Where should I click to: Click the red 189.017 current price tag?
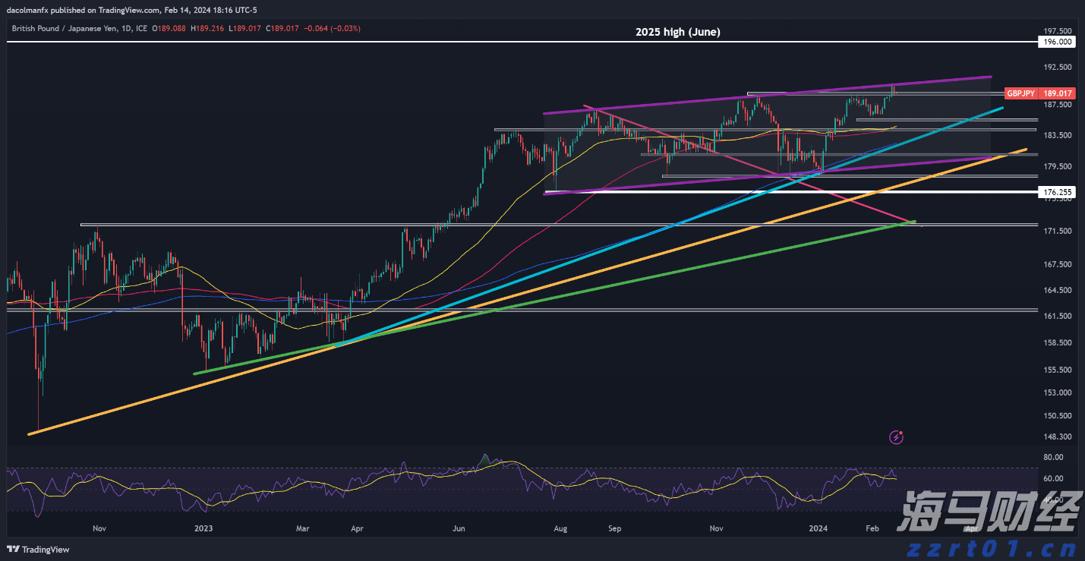click(x=1058, y=93)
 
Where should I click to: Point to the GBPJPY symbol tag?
click(x=1020, y=93)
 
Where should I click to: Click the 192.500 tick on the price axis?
click(x=1058, y=68)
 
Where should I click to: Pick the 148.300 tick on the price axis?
click(x=1058, y=437)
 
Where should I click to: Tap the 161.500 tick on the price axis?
click(x=1058, y=317)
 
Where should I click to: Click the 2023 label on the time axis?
click(x=203, y=528)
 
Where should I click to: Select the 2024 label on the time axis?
click(x=818, y=528)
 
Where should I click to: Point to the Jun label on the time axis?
click(x=458, y=528)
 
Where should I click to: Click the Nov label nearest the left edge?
click(x=99, y=528)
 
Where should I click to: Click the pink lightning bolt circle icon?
click(x=897, y=437)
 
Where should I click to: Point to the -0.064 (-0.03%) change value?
click(x=333, y=28)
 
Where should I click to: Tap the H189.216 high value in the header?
click(x=207, y=28)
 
